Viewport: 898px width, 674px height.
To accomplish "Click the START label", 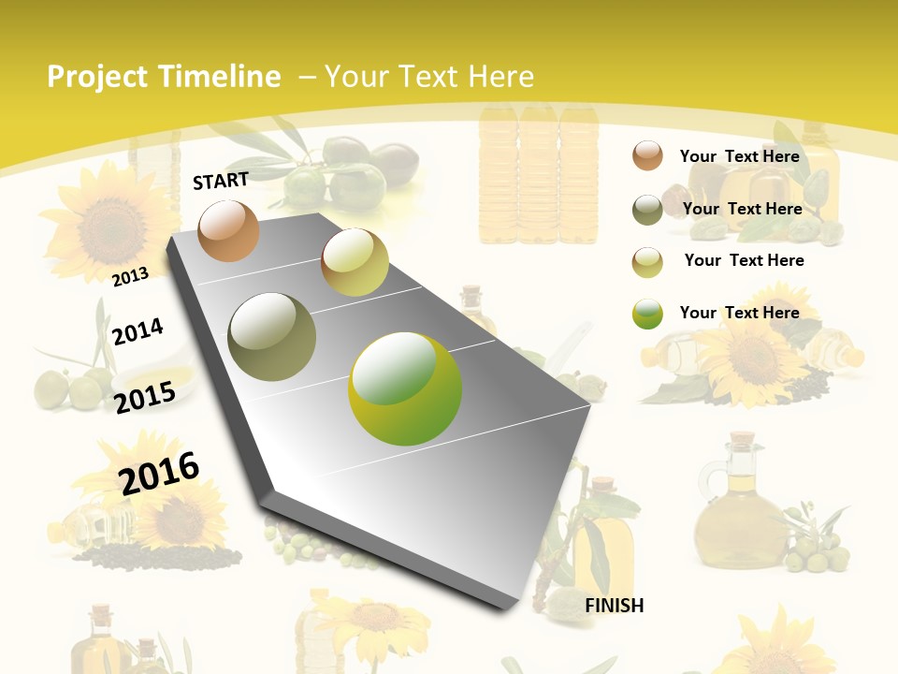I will [x=221, y=181].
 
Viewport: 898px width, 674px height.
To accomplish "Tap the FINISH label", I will [x=614, y=606].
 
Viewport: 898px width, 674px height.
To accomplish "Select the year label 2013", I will [x=131, y=276].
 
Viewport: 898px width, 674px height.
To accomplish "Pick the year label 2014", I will [x=138, y=331].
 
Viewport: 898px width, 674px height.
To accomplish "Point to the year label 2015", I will [x=145, y=397].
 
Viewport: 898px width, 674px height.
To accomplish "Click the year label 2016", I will [x=159, y=473].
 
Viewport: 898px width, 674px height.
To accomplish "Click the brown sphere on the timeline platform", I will [x=228, y=230].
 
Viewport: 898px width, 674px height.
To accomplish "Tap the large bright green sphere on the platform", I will [x=405, y=388].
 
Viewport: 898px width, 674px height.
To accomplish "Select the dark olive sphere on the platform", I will [x=271, y=336].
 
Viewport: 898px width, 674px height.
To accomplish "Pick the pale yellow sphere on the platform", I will [x=355, y=262].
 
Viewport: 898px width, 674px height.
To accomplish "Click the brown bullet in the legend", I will [x=647, y=156].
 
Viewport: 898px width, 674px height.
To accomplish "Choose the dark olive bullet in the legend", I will [x=647, y=210].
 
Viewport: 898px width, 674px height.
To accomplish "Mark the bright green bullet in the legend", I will [x=647, y=314].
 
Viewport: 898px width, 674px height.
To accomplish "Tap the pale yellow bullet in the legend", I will [x=647, y=261].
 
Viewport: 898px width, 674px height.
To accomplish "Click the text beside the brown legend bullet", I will [x=739, y=156].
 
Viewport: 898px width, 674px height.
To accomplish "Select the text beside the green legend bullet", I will [x=739, y=313].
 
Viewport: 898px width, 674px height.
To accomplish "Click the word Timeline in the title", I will [x=220, y=77].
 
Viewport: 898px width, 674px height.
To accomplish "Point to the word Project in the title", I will [x=97, y=77].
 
